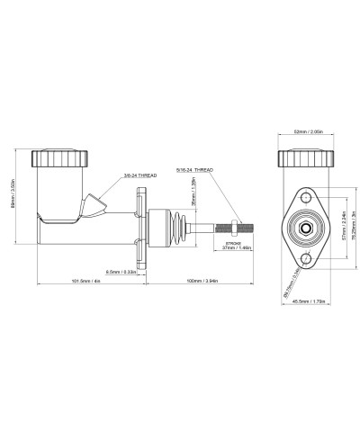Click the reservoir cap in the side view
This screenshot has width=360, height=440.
coord(58,157)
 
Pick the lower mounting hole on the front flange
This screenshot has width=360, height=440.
coord(305,259)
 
